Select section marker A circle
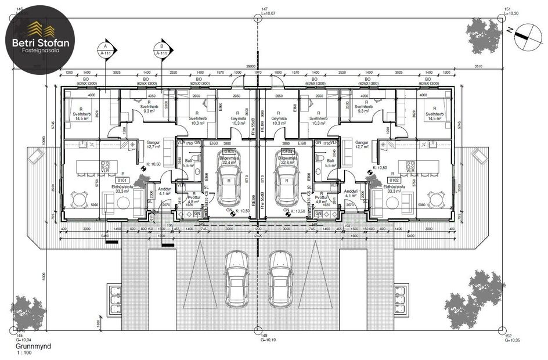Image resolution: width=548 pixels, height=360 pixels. coord(105,46)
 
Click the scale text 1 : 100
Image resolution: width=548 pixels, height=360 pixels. coord(24,353)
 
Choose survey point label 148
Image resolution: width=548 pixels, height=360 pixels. coord(264,336)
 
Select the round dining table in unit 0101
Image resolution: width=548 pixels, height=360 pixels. coord(81,199)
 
